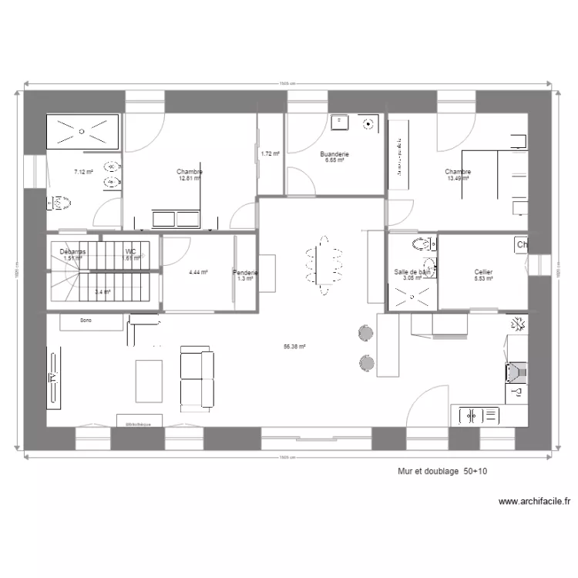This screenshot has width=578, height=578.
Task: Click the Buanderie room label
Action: (x=335, y=154)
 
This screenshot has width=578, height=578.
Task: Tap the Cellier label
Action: (x=484, y=272)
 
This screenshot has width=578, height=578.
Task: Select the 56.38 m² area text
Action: (x=294, y=347)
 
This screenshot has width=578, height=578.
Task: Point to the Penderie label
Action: (x=246, y=273)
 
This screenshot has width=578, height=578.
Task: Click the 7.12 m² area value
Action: (x=83, y=172)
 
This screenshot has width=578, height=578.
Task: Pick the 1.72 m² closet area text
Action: (x=270, y=154)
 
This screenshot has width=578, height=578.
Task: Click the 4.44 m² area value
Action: (x=198, y=272)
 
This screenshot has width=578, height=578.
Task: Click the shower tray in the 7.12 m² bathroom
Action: (x=83, y=130)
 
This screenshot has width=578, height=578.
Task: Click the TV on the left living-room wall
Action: (x=54, y=377)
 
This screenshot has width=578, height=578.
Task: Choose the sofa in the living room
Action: (x=197, y=377)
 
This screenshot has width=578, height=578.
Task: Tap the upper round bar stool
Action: (x=365, y=333)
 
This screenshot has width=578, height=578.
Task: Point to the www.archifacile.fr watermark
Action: (x=534, y=502)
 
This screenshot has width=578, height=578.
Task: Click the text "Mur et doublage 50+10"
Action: (x=431, y=469)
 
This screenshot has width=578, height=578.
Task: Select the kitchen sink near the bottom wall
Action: (x=478, y=416)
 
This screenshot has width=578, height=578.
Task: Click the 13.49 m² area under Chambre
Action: (x=458, y=178)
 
